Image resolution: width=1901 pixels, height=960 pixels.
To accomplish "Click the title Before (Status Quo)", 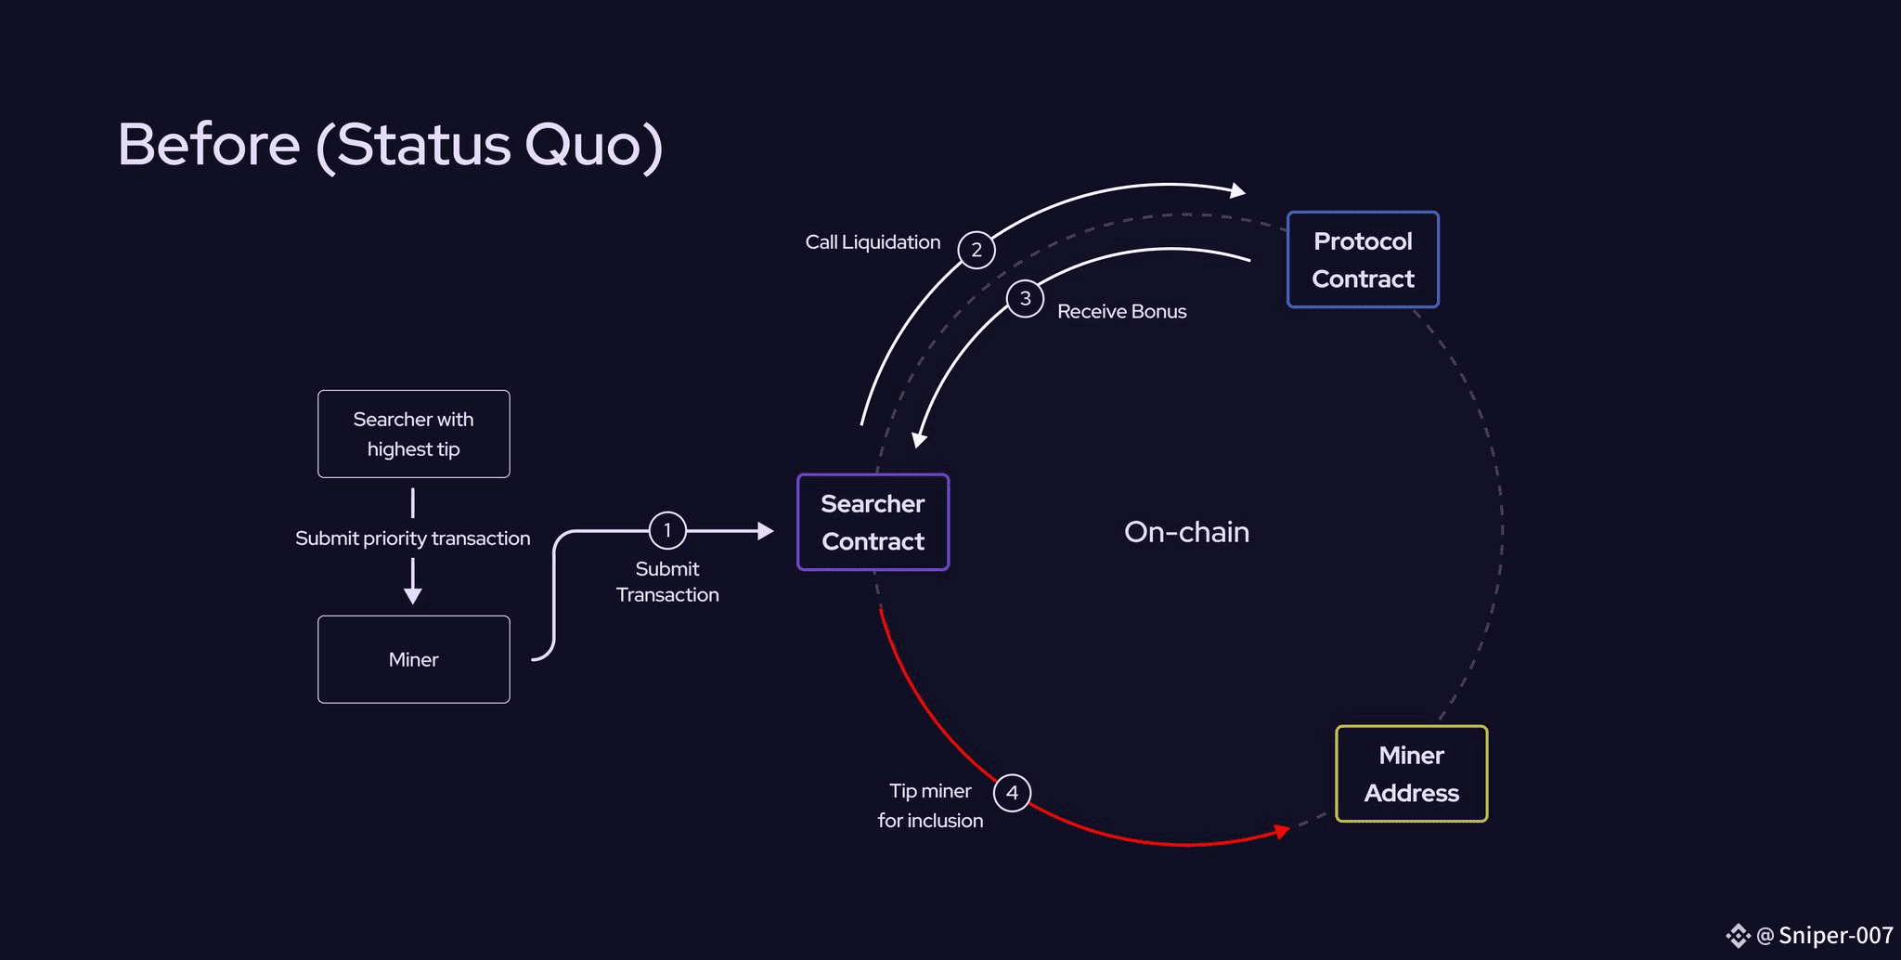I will click(x=390, y=145).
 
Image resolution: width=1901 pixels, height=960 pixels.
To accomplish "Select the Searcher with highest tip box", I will click(x=413, y=434).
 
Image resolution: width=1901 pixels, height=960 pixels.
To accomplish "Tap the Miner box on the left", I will click(x=413, y=659).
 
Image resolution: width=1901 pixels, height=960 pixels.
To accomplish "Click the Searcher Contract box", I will click(x=873, y=522).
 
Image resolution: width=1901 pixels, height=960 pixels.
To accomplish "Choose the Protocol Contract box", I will click(x=1363, y=260).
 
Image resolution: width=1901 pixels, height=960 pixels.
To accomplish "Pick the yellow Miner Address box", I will click(x=1411, y=773).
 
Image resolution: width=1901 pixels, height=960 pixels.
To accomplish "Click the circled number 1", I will click(x=667, y=530).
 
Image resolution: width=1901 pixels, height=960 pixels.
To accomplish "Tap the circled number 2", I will click(x=976, y=250).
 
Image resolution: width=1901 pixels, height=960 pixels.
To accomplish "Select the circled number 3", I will click(x=1025, y=298).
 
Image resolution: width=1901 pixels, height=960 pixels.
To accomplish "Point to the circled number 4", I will click(x=1012, y=793).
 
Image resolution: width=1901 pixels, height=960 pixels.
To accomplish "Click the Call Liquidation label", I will click(x=873, y=242).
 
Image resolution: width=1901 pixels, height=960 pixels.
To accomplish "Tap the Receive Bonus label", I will click(x=1121, y=312).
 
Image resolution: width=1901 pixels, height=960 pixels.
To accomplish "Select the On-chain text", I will click(x=1186, y=532).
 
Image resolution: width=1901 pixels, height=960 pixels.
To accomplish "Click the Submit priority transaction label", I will click(x=413, y=538).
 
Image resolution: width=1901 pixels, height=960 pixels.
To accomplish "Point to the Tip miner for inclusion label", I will click(x=930, y=805).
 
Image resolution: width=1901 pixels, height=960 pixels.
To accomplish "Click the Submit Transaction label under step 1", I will click(x=667, y=581).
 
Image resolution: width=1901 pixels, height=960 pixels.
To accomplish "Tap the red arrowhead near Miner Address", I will click(x=1283, y=831).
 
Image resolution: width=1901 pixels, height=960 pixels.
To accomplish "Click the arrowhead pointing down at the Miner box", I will click(x=413, y=595).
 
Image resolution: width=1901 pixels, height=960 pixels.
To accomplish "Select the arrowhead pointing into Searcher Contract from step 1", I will click(x=766, y=530).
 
